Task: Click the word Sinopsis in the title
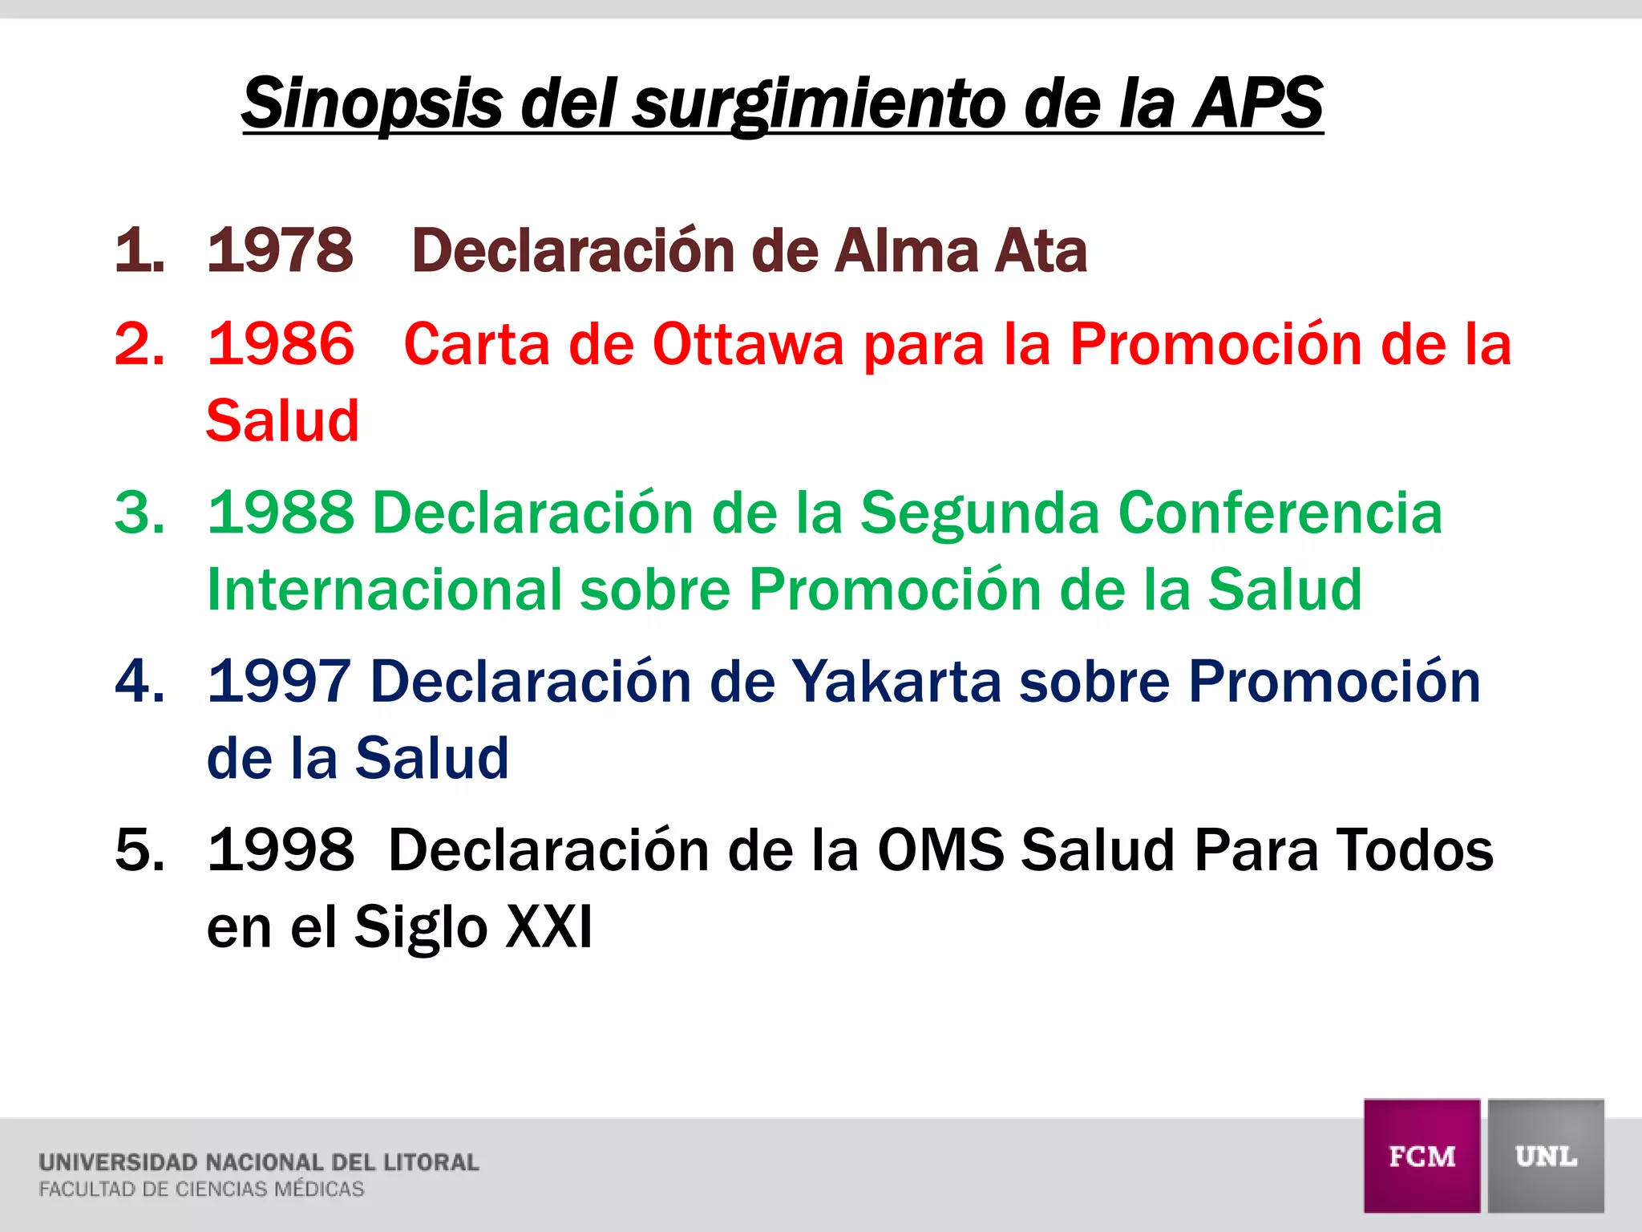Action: point(372,103)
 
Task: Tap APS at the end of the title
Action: point(1257,103)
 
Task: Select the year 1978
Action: point(280,250)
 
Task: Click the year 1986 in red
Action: point(280,344)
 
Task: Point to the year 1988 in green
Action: point(280,513)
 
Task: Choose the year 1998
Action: point(280,849)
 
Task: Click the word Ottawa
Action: point(748,344)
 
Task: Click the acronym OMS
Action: point(940,849)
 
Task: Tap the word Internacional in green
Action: point(384,590)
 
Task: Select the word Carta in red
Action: point(477,344)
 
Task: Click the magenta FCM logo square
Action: point(1422,1155)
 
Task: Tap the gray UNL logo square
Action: point(1546,1155)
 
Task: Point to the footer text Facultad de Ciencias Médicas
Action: point(201,1189)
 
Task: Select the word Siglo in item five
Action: point(421,926)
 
